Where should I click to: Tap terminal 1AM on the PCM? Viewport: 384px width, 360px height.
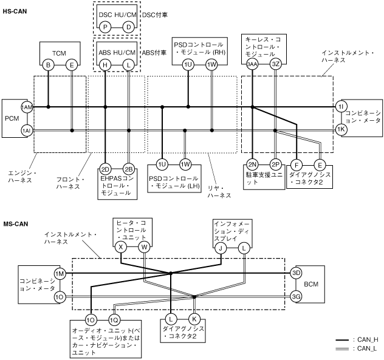(x=26, y=107)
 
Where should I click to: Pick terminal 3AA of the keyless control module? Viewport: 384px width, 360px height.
(x=252, y=64)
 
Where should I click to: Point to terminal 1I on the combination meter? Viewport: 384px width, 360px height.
(x=341, y=107)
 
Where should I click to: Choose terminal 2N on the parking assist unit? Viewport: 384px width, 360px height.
(x=252, y=164)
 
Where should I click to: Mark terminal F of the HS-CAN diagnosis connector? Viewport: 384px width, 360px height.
(x=297, y=164)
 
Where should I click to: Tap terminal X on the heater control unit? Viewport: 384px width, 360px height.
(x=122, y=247)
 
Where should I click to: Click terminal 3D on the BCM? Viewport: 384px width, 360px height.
(x=297, y=273)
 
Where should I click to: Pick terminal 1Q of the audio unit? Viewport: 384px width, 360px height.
(x=114, y=319)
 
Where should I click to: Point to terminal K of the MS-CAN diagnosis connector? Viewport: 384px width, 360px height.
(x=194, y=319)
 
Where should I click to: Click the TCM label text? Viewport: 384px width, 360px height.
(x=60, y=52)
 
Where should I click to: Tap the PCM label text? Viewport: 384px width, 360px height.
(x=12, y=118)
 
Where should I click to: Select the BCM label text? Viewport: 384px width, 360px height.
(x=311, y=284)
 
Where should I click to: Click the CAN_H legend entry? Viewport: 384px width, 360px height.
(x=363, y=339)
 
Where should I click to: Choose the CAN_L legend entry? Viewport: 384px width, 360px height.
(x=363, y=348)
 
